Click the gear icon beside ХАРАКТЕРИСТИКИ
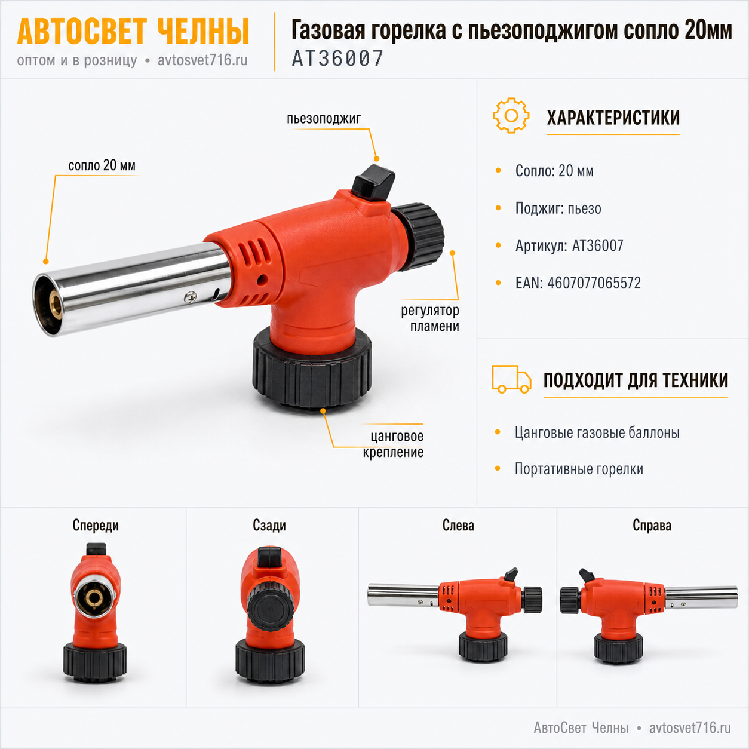click(x=511, y=115)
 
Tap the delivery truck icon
click(x=511, y=379)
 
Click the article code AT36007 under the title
click(x=337, y=59)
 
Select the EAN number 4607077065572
click(x=594, y=283)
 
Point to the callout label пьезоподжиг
click(x=324, y=118)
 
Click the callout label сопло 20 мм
click(x=102, y=165)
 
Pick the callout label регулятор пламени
click(x=430, y=318)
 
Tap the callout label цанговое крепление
click(x=393, y=444)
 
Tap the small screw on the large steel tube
click(x=189, y=297)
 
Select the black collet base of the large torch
click(x=312, y=369)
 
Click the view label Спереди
click(x=96, y=526)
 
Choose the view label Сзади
click(x=269, y=526)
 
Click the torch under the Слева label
click(x=455, y=615)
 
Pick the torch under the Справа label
click(x=649, y=616)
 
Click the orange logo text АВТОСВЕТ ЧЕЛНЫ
click(x=133, y=32)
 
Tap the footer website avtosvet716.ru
click(x=690, y=728)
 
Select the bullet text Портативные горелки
click(x=579, y=469)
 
